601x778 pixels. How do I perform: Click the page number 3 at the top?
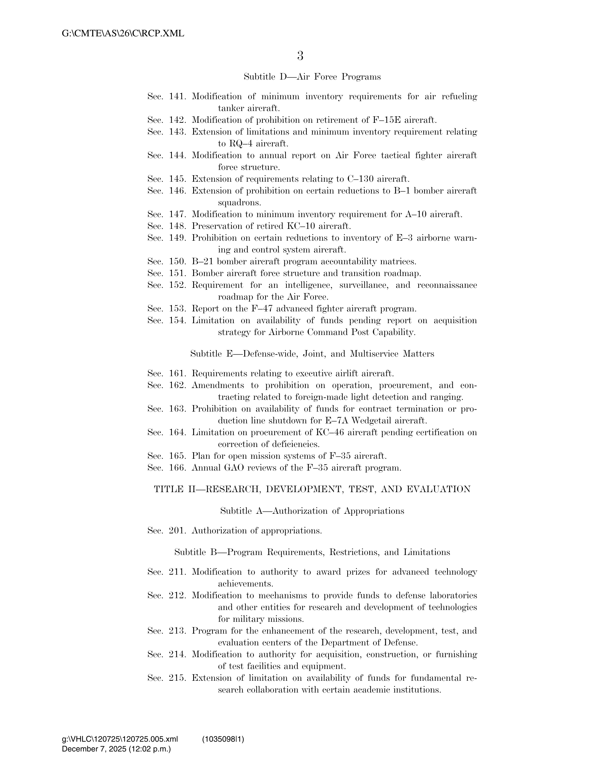300,56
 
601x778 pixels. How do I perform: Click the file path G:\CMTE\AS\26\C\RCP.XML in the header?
123,34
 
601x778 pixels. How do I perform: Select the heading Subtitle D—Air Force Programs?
312,77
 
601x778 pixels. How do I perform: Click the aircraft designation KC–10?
301,226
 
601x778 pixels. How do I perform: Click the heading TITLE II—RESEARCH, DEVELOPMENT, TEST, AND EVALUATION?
312,490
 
